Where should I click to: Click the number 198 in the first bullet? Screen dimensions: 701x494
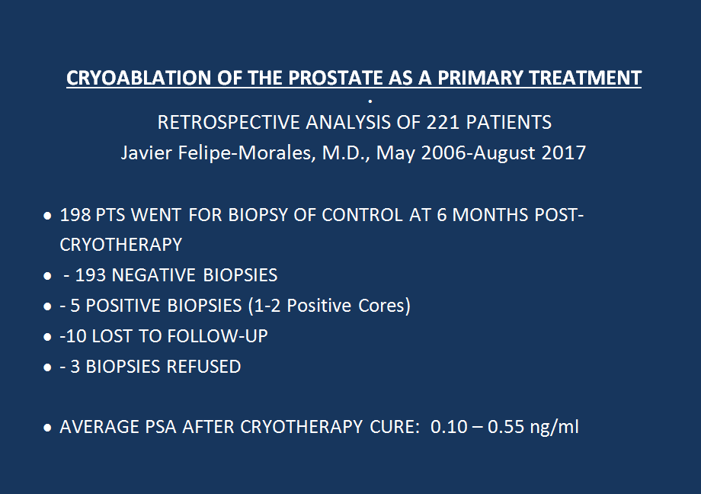coord(75,215)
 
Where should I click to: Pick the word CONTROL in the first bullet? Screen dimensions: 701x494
coord(362,215)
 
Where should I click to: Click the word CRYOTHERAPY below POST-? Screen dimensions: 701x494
coord(120,245)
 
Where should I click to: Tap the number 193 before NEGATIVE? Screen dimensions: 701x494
coord(91,275)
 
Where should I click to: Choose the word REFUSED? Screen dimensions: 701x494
coord(203,367)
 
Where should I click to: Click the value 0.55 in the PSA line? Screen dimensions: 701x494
coord(505,427)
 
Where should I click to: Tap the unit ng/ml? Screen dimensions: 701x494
coord(554,428)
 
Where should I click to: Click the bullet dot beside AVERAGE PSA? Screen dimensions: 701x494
coord(47,428)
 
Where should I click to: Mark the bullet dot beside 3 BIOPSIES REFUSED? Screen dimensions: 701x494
coord(47,367)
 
